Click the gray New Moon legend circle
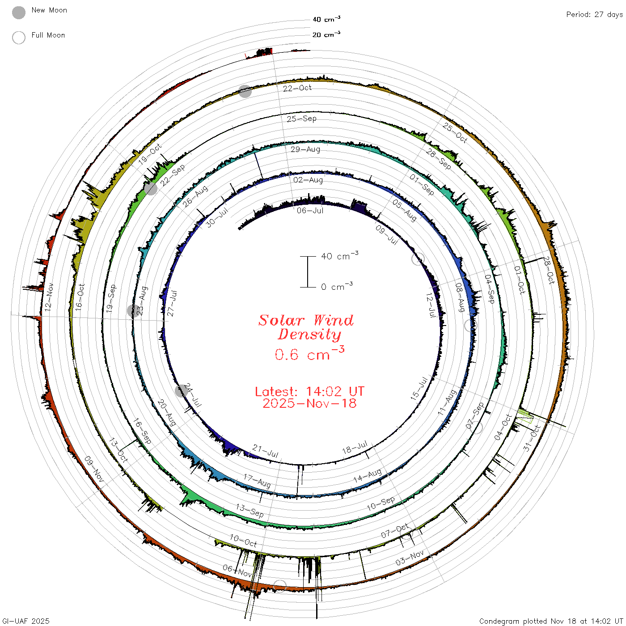coord(18,13)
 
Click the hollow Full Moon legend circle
coord(18,38)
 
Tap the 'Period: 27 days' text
coord(594,15)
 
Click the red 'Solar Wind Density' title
coord(306,327)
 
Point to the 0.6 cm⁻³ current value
coord(309,354)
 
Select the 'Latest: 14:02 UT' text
coord(309,391)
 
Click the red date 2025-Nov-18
coord(309,403)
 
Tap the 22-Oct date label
coord(297,88)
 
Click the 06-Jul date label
coord(310,211)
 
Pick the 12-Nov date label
coord(49,297)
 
